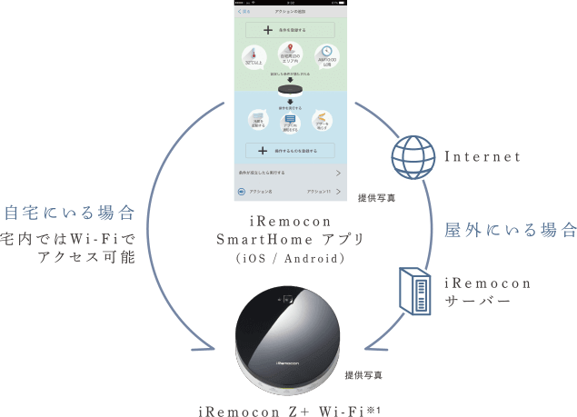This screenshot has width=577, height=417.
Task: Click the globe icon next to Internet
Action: point(412,158)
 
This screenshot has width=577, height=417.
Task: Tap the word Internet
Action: point(482,157)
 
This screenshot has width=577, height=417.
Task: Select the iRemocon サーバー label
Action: point(491,291)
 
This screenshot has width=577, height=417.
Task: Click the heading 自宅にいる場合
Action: point(70,213)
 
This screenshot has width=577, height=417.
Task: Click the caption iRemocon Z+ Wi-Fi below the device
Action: point(288,410)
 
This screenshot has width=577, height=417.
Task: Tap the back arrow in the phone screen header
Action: point(240,11)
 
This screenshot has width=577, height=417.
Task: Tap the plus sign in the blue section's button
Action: point(264,150)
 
